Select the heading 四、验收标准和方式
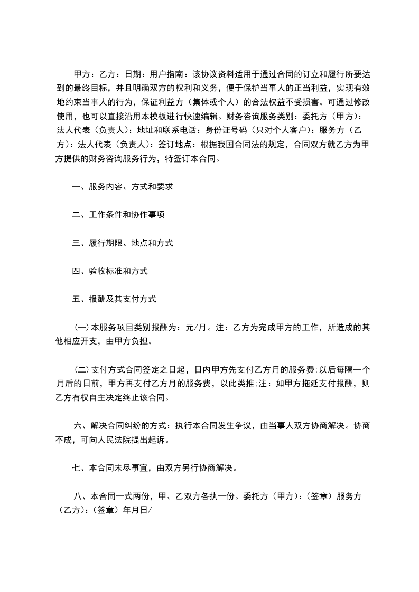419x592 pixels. [x=110, y=271]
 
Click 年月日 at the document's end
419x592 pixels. [x=135, y=510]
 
